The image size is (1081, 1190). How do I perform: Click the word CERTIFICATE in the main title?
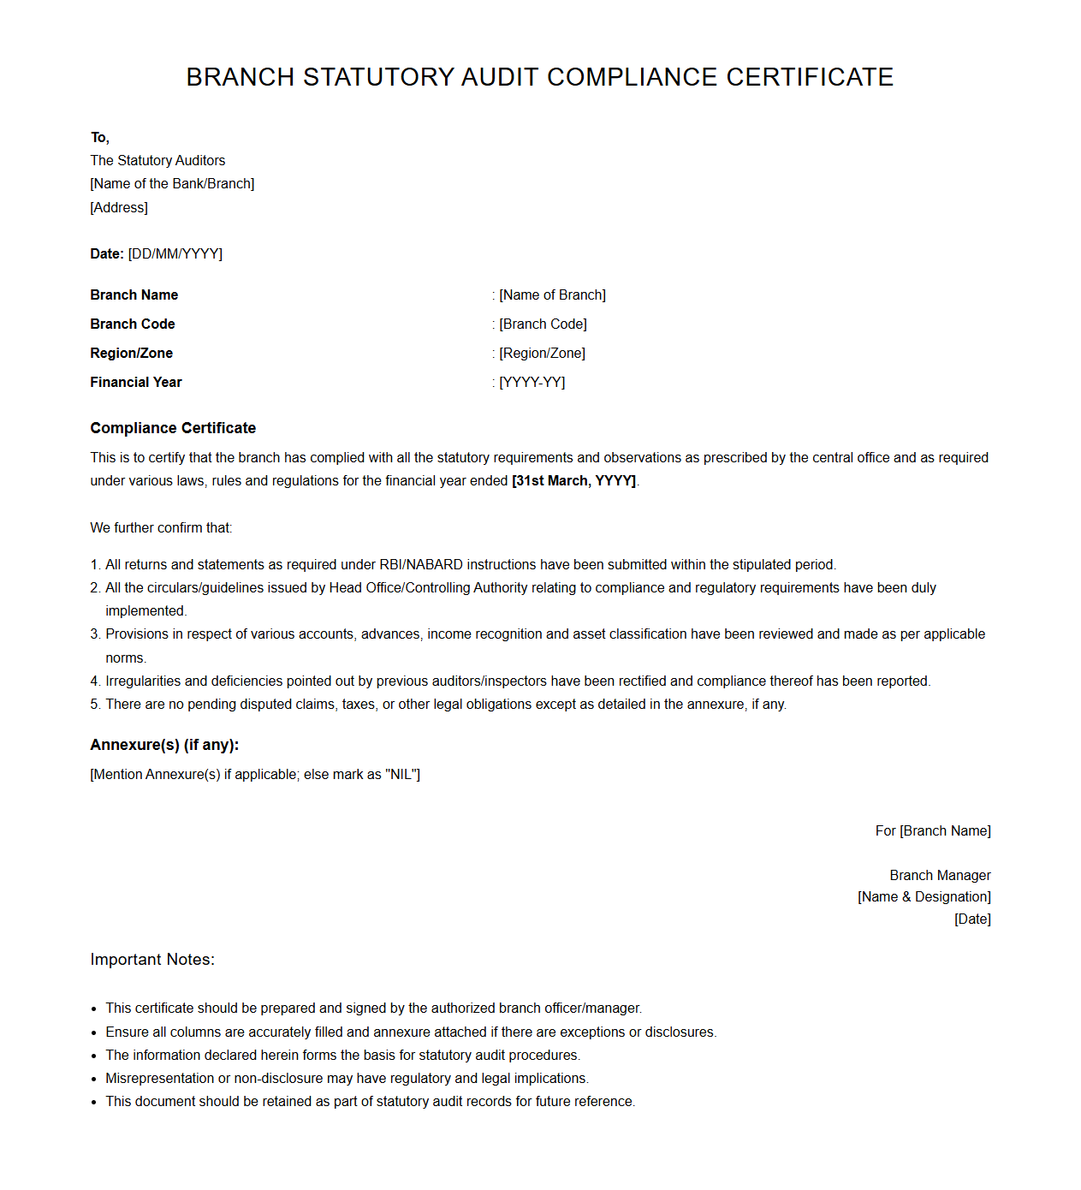(x=810, y=77)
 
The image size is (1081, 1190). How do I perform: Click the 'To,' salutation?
(x=100, y=137)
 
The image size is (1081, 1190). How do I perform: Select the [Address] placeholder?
(x=119, y=207)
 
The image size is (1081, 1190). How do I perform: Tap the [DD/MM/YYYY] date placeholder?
(x=175, y=253)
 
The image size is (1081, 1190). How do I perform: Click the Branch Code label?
(x=133, y=324)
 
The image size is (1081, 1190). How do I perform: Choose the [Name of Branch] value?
(x=552, y=295)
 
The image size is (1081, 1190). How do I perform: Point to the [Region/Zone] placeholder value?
(x=542, y=353)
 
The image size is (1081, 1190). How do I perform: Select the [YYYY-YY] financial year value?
(x=532, y=382)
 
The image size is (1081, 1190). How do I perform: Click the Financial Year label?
(x=136, y=382)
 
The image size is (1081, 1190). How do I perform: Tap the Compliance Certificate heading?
(x=173, y=428)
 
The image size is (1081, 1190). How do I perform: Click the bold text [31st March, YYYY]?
(x=573, y=480)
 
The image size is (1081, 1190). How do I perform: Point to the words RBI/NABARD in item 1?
(x=421, y=564)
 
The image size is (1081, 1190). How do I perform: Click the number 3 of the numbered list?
(x=95, y=634)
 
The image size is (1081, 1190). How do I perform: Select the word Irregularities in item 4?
(x=143, y=681)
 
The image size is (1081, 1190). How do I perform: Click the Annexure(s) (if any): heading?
(x=164, y=745)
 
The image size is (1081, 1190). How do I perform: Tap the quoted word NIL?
(x=402, y=774)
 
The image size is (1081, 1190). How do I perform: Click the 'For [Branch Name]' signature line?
(x=933, y=830)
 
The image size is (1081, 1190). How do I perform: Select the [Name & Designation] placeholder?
(x=924, y=896)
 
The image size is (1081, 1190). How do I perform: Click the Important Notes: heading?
(x=152, y=960)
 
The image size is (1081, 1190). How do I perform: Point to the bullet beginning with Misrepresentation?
(x=347, y=1078)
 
